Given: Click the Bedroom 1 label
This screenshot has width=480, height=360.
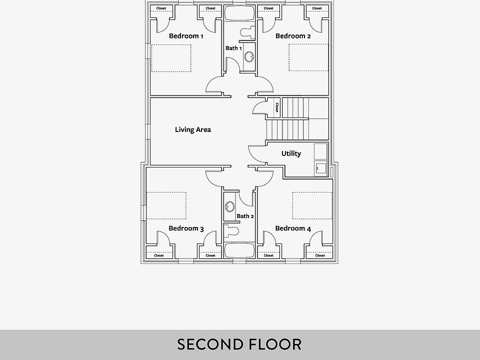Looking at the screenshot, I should pyautogui.click(x=186, y=36).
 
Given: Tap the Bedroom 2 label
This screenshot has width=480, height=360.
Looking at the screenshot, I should pyautogui.click(x=293, y=36).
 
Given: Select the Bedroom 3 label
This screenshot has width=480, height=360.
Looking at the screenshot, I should pyautogui.click(x=186, y=228).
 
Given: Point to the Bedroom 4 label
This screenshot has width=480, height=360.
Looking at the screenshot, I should pyautogui.click(x=293, y=228).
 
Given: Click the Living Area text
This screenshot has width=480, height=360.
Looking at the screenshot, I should pyautogui.click(x=193, y=129).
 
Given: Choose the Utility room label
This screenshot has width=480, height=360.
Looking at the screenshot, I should pyautogui.click(x=291, y=153).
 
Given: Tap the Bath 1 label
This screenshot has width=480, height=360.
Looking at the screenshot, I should pyautogui.click(x=233, y=48).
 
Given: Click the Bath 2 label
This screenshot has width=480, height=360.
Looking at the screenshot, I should pyautogui.click(x=245, y=216).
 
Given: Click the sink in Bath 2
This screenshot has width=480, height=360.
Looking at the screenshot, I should pyautogui.click(x=230, y=206).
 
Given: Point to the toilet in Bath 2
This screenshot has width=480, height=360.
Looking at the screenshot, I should pyautogui.click(x=231, y=231).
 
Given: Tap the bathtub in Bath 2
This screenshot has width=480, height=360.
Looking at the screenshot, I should pyautogui.click(x=239, y=249).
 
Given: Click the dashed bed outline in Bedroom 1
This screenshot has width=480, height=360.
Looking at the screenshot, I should pyautogui.click(x=171, y=58).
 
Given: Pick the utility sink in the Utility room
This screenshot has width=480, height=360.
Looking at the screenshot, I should pyautogui.click(x=320, y=167).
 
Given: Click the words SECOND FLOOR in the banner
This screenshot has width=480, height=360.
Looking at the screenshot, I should pyautogui.click(x=239, y=344).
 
